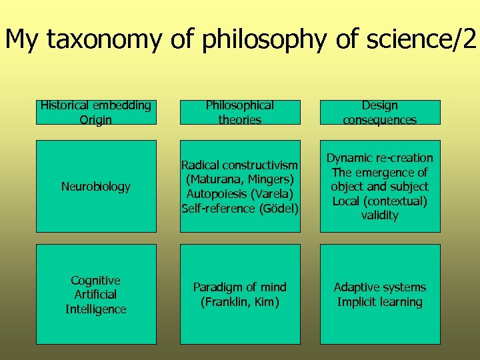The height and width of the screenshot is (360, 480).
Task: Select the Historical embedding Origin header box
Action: click(96, 113)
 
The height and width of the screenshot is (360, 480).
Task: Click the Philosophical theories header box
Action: click(239, 113)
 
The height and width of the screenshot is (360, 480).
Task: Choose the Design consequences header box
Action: click(380, 113)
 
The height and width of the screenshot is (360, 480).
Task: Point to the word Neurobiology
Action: click(96, 187)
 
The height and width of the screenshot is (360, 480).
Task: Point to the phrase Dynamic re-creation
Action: click(380, 158)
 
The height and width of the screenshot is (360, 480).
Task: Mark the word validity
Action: click(380, 215)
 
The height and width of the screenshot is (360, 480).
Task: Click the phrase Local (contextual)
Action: click(380, 201)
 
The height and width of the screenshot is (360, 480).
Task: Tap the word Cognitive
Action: click(96, 280)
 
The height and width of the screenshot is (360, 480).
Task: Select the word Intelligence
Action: click(96, 309)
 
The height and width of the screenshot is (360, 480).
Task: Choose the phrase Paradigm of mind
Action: click(239, 287)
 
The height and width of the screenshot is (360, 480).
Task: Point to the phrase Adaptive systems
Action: click(380, 287)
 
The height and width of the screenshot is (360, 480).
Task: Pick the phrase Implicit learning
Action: click(380, 302)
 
